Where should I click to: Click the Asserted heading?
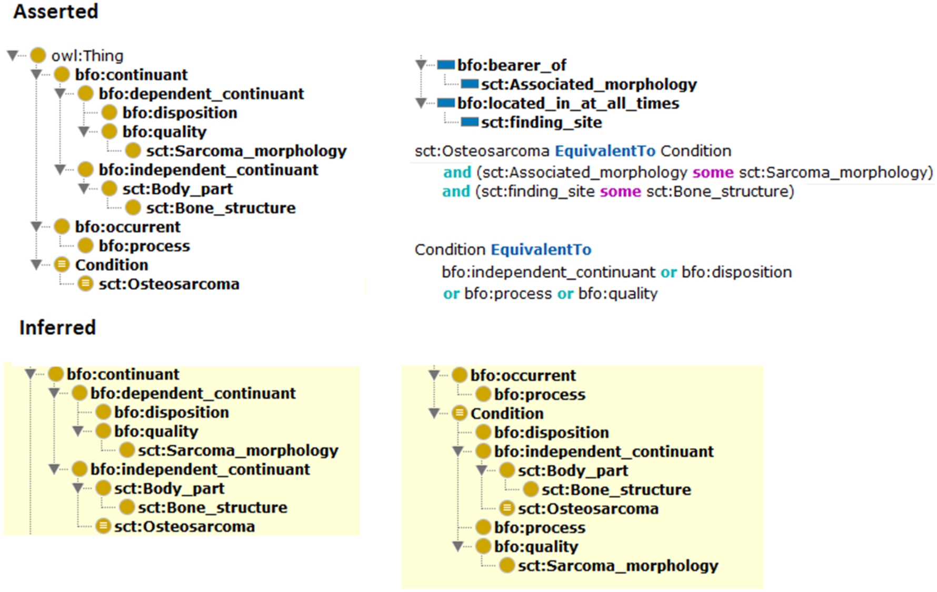(56, 12)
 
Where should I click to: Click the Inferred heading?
(57, 327)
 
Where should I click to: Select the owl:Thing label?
(87, 55)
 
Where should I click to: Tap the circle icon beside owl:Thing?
(38, 55)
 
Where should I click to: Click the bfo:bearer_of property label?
(512, 65)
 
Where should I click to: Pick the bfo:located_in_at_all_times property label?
(568, 103)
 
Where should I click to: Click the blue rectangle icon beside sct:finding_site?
(470, 122)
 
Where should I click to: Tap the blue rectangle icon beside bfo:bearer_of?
(446, 65)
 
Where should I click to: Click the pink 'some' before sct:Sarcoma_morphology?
(713, 172)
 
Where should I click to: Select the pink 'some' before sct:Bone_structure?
(620, 191)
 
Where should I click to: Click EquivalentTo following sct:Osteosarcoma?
(605, 151)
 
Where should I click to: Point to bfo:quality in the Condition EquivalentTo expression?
(618, 293)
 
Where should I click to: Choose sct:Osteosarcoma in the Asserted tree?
(169, 284)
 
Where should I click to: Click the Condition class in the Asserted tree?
(112, 265)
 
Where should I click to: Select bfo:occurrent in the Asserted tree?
(127, 227)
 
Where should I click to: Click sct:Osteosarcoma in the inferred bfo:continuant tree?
(184, 526)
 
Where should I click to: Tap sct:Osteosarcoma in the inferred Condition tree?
(588, 508)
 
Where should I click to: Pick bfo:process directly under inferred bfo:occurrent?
(540, 394)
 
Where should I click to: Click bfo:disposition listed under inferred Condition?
(551, 433)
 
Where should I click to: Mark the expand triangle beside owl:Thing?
(13, 55)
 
